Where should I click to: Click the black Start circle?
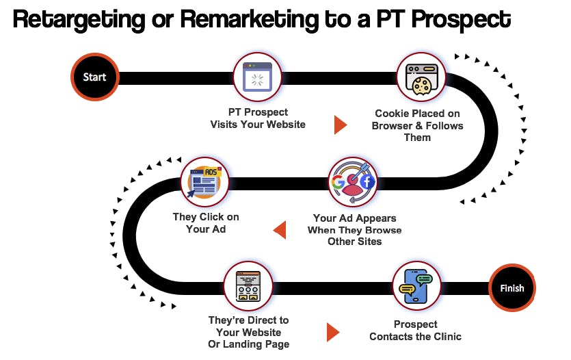[94, 77]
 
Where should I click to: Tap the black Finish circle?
[512, 288]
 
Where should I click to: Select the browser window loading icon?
[257, 77]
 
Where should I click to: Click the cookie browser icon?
[421, 80]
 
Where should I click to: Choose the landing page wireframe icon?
[248, 286]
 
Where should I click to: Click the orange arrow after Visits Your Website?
[341, 125]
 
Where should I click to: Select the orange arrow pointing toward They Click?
[280, 230]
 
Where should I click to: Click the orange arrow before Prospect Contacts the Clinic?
[333, 332]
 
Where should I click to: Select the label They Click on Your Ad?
[206, 223]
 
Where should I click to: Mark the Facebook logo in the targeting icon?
[367, 181]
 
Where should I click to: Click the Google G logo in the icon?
[337, 181]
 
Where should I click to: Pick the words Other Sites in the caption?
[355, 242]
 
